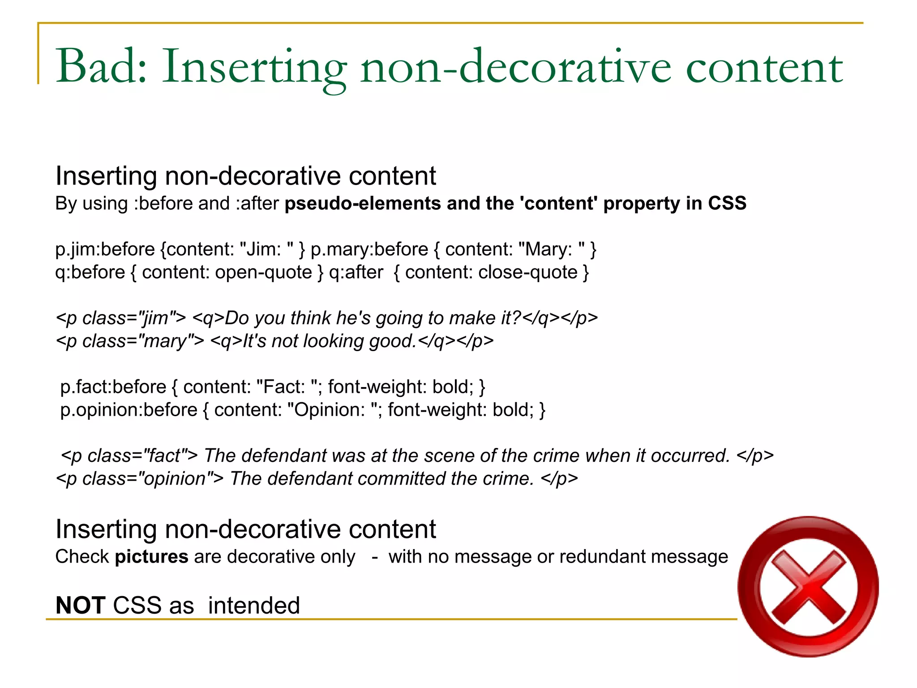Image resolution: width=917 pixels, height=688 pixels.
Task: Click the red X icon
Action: [808, 587]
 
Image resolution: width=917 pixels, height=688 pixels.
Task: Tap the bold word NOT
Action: [81, 606]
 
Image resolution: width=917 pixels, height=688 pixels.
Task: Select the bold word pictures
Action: [151, 557]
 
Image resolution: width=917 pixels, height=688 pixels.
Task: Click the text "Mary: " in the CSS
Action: [551, 249]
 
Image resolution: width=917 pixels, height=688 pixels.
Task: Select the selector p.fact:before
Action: [113, 387]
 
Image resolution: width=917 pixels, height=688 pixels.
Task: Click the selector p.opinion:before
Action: [129, 410]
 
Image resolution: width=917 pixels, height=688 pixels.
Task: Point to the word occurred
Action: [690, 456]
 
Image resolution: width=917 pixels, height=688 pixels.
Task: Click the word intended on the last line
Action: [254, 606]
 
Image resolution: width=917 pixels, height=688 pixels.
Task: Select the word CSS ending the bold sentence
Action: [727, 204]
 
